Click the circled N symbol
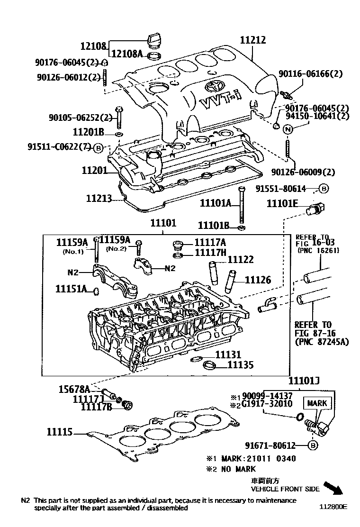click(288, 129)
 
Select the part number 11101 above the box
click(163, 222)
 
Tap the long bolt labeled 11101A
click(243, 205)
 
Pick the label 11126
click(258, 280)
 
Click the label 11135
click(241, 365)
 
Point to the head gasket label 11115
click(60, 432)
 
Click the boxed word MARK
click(316, 403)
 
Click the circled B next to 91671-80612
click(312, 445)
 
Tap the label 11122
click(241, 260)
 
